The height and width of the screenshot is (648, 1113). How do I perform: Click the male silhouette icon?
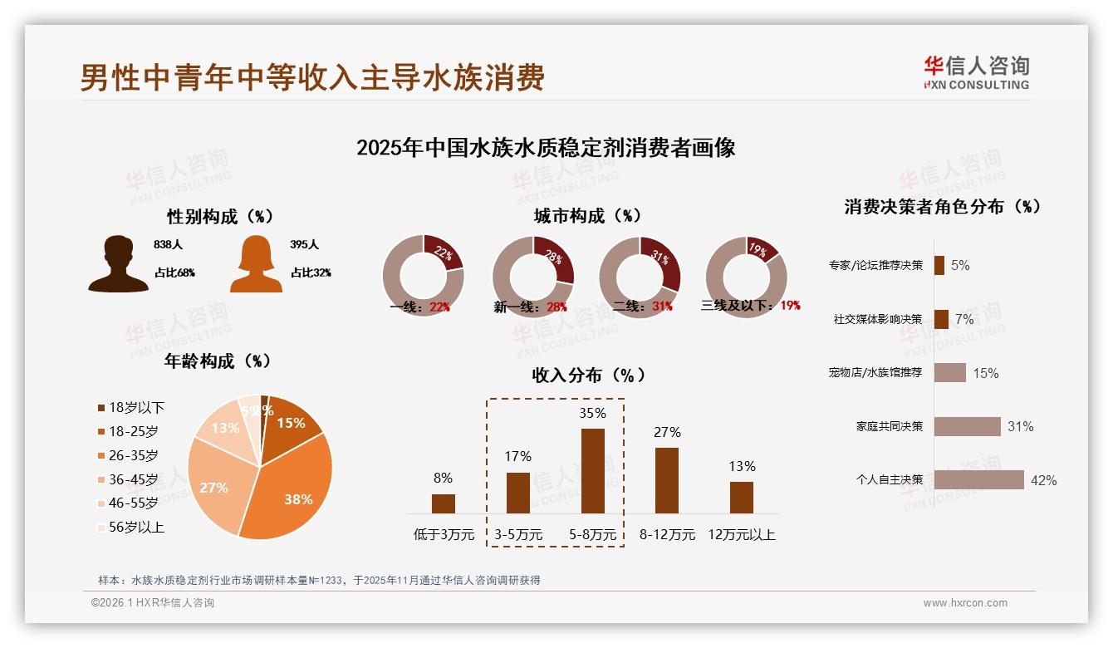118,263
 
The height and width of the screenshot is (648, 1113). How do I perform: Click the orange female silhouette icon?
256,263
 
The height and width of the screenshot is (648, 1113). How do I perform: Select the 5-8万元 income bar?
592,471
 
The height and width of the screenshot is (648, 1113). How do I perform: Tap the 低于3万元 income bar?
444,503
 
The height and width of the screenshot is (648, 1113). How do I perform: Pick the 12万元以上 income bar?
742,498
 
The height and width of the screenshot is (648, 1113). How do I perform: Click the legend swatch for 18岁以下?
101,408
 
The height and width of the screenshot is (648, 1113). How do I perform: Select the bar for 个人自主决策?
978,479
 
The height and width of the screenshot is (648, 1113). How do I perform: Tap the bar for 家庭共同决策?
967,426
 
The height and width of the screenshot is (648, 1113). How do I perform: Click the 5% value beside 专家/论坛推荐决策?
960,265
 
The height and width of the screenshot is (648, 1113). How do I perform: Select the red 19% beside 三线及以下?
789,305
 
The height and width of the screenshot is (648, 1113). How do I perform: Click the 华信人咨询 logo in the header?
976,72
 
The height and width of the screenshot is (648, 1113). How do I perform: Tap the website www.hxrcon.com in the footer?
965,603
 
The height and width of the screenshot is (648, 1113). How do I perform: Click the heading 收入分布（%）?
588,375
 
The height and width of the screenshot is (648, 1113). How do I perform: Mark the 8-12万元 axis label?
667,534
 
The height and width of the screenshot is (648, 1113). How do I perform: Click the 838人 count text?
168,245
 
